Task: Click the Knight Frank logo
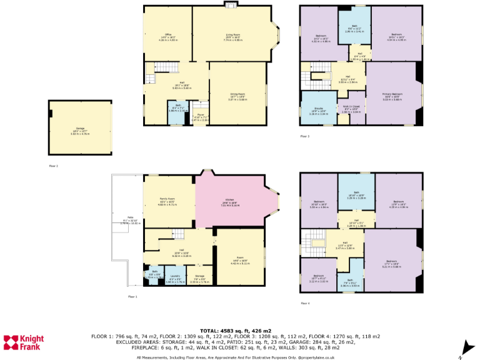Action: [22, 342]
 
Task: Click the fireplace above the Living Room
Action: [230, 5]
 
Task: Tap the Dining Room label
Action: [237, 96]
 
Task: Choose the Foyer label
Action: [201, 116]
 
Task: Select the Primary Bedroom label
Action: [392, 97]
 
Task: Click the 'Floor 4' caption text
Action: [305, 304]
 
